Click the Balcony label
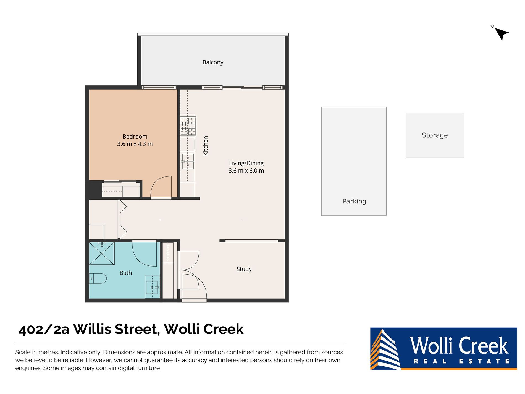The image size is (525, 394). coord(213,62)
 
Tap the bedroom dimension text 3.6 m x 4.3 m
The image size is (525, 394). coord(135,144)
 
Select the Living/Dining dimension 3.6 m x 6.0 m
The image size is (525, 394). coord(246,171)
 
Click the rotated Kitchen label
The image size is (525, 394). coord(206,146)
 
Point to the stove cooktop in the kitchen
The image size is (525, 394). coord(188,126)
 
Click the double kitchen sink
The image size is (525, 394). coord(188,161)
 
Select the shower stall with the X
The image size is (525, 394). coord(101,254)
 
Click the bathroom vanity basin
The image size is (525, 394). coord(152,288)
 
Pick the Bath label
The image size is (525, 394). coord(126,273)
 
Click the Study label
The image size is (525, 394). coord(244,269)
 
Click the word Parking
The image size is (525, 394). coord(354,202)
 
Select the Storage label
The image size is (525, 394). coord(434,135)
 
